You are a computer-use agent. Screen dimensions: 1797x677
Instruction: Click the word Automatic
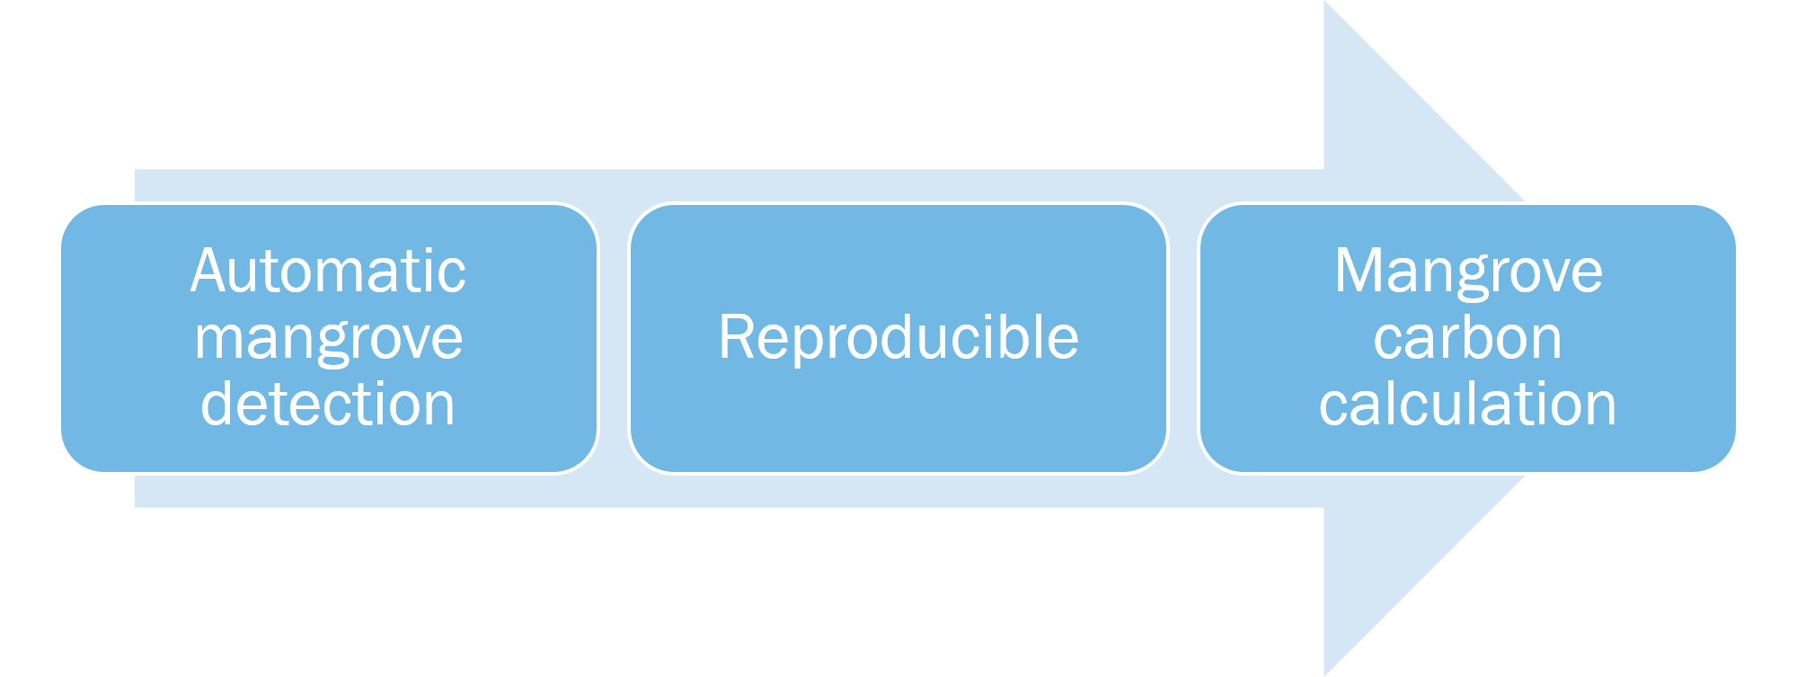point(328,272)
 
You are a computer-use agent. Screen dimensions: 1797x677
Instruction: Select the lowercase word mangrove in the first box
point(328,340)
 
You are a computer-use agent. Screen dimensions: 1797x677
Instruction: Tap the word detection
point(328,405)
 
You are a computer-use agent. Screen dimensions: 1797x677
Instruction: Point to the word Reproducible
point(898,338)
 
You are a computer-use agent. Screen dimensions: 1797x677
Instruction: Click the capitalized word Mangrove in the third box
point(1468,272)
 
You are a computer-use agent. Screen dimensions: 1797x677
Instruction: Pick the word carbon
point(1468,338)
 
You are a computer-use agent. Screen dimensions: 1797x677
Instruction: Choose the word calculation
point(1468,405)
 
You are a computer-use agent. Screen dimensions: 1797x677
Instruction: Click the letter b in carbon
point(1476,338)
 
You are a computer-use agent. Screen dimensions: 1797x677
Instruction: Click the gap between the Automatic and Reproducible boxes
point(614,338)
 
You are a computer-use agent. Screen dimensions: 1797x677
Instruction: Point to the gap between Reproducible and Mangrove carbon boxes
point(1183,338)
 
